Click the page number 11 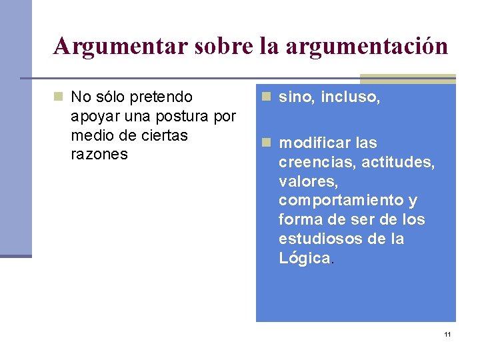click(x=447, y=334)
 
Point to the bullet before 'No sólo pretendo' click(x=59, y=97)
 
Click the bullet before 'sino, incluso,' click(x=266, y=97)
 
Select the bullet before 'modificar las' click(x=266, y=143)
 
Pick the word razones click(x=99, y=155)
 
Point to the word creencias click(x=316, y=162)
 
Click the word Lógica click(x=304, y=258)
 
